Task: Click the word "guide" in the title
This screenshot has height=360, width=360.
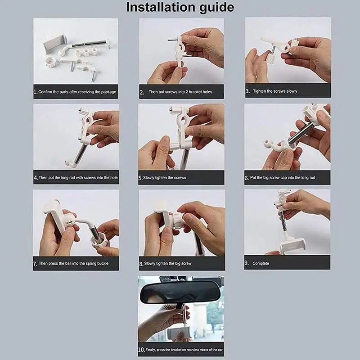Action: coord(216,8)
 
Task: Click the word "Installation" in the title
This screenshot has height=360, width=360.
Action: coord(161,7)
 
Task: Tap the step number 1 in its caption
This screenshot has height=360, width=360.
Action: coord(36,92)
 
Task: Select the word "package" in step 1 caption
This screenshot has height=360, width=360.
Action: coord(108,92)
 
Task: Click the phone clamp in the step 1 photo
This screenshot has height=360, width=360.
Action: coord(54,44)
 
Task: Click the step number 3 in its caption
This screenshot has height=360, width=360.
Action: coord(247,91)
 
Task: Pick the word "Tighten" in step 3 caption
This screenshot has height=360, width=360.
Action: coord(260,91)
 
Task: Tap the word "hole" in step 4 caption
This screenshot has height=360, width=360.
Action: coord(114,177)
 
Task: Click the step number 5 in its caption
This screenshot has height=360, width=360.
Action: coord(140,178)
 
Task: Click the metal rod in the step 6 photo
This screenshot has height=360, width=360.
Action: coord(299,134)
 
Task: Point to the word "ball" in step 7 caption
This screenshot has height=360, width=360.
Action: coord(68,263)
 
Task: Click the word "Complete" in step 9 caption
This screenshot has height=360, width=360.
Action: coord(261,264)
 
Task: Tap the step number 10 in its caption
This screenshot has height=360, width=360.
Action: coord(141,350)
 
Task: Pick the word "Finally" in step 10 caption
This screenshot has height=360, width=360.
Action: coord(151,350)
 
